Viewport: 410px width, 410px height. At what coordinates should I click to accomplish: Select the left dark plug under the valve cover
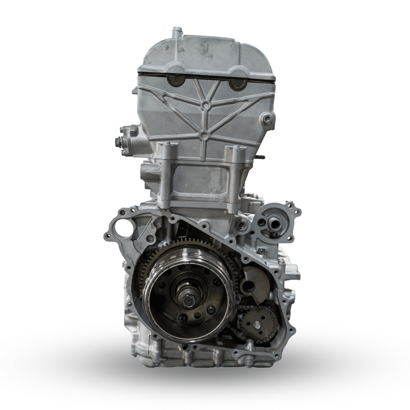[175, 82]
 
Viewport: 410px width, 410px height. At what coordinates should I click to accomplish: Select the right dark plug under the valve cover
[237, 83]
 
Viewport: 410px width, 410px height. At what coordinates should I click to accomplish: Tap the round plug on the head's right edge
[267, 119]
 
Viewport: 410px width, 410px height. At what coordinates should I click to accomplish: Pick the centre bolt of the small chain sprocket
[257, 325]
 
